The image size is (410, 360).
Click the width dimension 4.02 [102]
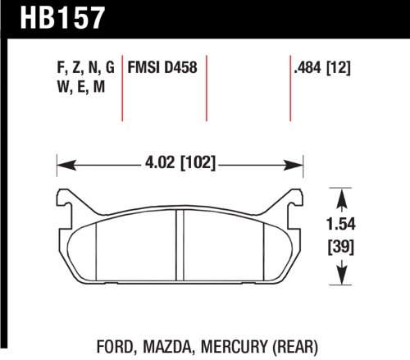coord(179,163)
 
